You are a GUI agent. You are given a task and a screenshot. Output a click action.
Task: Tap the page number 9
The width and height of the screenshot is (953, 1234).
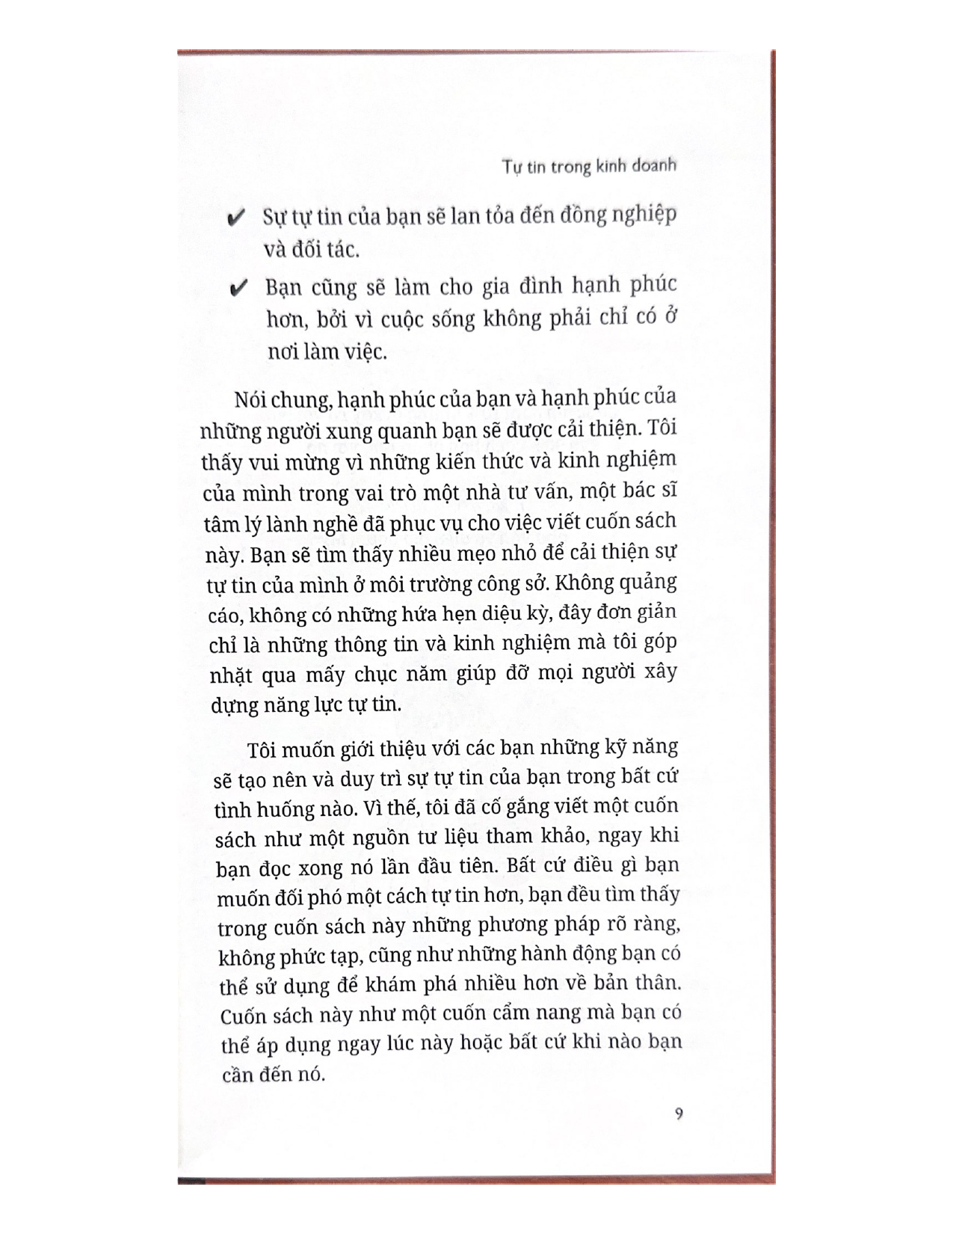point(678,1114)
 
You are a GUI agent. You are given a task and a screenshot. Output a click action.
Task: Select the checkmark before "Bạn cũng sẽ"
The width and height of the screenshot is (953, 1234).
point(239,289)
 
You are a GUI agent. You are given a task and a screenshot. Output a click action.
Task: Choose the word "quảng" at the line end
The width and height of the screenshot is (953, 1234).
point(650,583)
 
